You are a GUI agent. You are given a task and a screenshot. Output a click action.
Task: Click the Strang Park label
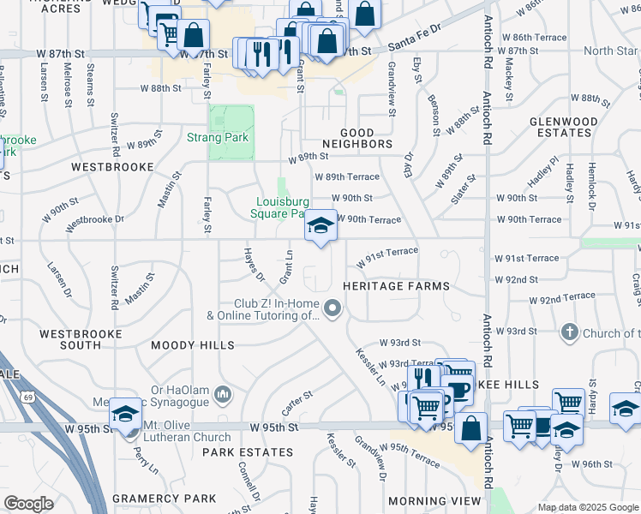click(218, 137)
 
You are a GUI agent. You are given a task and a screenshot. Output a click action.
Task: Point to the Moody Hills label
click(193, 345)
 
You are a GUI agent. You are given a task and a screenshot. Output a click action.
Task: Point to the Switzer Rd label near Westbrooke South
click(115, 288)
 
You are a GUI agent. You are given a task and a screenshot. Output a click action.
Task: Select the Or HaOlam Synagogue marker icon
click(223, 394)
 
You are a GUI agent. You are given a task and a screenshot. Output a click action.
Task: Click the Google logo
click(29, 504)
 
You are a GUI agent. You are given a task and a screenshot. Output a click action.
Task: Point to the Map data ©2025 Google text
click(588, 507)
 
